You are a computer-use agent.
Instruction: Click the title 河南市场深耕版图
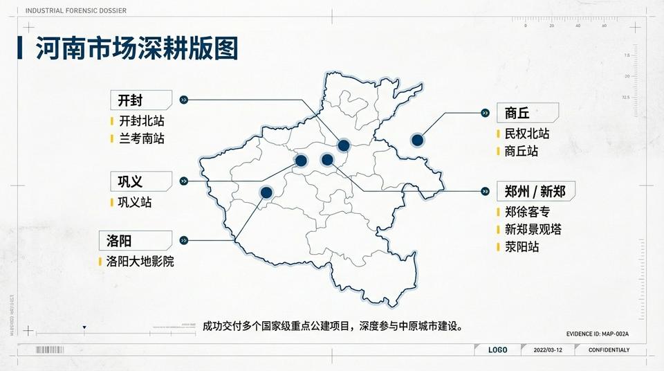(137, 48)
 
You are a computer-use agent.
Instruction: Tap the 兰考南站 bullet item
(142, 138)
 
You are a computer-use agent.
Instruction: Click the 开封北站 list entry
(142, 121)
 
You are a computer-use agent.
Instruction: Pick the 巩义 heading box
(140, 181)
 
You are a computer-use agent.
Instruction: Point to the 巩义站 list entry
(134, 202)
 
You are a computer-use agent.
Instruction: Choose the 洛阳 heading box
(135, 240)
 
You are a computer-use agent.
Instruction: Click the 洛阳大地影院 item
(140, 262)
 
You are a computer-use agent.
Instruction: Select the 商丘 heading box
(527, 113)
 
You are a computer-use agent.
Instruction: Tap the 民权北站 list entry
(526, 134)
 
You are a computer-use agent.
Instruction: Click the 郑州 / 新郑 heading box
(535, 191)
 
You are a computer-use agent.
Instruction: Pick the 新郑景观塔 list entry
(533, 229)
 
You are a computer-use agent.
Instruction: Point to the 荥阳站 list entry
(522, 246)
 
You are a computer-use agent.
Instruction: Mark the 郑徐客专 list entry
(527, 212)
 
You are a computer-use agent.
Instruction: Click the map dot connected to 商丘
(417, 140)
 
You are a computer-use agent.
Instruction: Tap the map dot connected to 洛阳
(266, 192)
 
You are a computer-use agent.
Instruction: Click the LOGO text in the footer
(497, 350)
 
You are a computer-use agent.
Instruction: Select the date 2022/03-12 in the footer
(549, 350)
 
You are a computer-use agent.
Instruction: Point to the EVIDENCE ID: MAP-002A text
(597, 334)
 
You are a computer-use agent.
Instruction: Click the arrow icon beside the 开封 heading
(183, 100)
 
